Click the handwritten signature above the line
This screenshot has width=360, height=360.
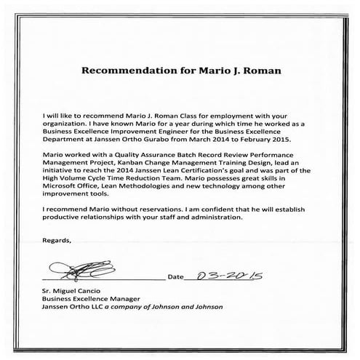[81, 274]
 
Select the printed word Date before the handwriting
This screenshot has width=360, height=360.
[176, 277]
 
